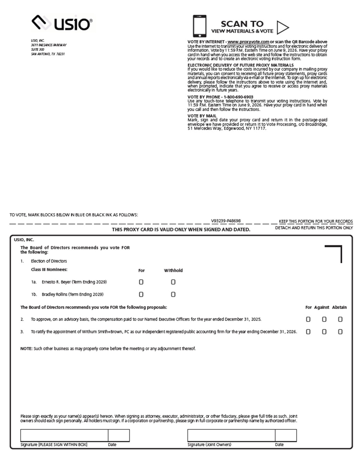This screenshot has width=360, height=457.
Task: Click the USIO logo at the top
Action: click(62, 23)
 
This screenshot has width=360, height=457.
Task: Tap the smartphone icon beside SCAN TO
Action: click(200, 26)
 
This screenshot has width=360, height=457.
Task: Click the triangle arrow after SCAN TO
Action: click(282, 27)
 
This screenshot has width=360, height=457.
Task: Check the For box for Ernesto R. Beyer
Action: click(141, 282)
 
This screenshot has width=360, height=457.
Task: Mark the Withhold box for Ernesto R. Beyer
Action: click(173, 282)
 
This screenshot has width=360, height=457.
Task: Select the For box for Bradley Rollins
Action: click(141, 295)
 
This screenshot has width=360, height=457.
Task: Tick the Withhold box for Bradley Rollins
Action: click(173, 295)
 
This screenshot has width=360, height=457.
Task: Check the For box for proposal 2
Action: click(308, 319)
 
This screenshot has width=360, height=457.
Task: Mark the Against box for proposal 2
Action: click(324, 319)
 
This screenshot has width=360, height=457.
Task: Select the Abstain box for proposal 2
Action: click(340, 319)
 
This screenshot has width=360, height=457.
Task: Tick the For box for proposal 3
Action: click(308, 332)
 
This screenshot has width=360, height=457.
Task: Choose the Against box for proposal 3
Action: click(324, 332)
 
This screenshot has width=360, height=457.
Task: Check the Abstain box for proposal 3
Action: click(340, 332)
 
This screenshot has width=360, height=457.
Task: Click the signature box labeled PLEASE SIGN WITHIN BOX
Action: click(64, 435)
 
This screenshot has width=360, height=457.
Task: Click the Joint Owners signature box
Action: click(231, 435)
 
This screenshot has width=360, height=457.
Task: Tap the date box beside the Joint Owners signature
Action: click(286, 435)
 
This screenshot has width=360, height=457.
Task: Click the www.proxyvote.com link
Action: click(248, 42)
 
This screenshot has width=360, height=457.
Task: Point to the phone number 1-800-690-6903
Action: click(238, 97)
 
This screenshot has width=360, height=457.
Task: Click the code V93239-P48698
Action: click(226, 221)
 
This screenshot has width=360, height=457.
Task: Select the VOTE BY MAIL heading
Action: click(202, 116)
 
